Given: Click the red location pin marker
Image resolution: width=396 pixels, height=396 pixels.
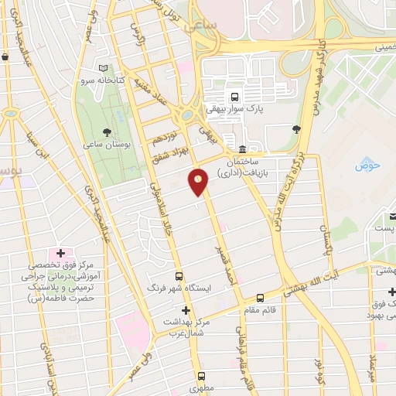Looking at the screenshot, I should pyautogui.click(x=199, y=182).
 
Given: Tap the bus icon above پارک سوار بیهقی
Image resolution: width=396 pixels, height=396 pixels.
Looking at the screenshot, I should pyautogui.click(x=233, y=97).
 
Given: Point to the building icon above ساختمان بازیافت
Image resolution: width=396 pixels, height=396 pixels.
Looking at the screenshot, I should pyautogui.click(x=242, y=149).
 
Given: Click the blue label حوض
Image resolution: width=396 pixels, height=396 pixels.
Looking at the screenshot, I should pyautogui.click(x=364, y=165).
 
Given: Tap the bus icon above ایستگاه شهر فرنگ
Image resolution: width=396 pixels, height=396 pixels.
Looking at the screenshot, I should pyautogui.click(x=179, y=276).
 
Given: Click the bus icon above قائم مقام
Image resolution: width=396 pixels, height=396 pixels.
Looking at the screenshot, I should pyautogui.click(x=260, y=297).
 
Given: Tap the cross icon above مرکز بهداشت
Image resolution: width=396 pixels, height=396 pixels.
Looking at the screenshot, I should pyautogui.click(x=184, y=309).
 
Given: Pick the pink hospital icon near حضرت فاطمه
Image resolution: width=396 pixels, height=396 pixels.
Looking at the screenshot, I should pyautogui.click(x=60, y=254).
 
